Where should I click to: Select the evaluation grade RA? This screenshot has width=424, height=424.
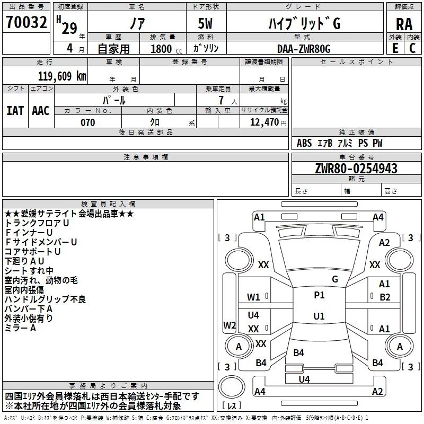pyautogui.click(x=404, y=24)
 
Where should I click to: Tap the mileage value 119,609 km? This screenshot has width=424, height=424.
pyautogui.click(x=63, y=76)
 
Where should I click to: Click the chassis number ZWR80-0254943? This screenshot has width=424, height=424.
pyautogui.click(x=357, y=169)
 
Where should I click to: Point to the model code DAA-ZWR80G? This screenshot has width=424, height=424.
pyautogui.click(x=303, y=48)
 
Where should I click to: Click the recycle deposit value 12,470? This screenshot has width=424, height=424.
pyautogui.click(x=263, y=122)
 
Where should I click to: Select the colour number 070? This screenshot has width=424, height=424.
pyautogui.click(x=87, y=122)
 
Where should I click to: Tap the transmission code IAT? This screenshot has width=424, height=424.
pyautogui.click(x=15, y=110)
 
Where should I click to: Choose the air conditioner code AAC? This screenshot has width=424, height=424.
pyautogui.click(x=40, y=110)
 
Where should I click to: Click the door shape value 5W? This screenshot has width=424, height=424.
pyautogui.click(x=206, y=24)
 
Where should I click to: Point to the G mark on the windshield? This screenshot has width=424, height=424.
pyautogui.click(x=334, y=279)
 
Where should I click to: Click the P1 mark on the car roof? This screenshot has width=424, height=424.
pyautogui.click(x=319, y=295)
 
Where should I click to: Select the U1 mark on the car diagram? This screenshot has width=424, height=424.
pyautogui.click(x=319, y=316)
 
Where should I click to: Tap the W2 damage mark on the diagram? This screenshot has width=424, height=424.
pyautogui.click(x=229, y=325)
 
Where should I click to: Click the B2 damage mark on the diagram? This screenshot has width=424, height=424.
pyautogui.click(x=385, y=297)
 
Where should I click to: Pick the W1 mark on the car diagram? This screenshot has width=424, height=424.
pyautogui.click(x=254, y=297)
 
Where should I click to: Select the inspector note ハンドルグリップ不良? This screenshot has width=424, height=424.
pyautogui.click(x=45, y=299)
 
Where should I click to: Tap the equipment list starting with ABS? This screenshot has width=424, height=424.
pyautogui.click(x=339, y=143)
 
